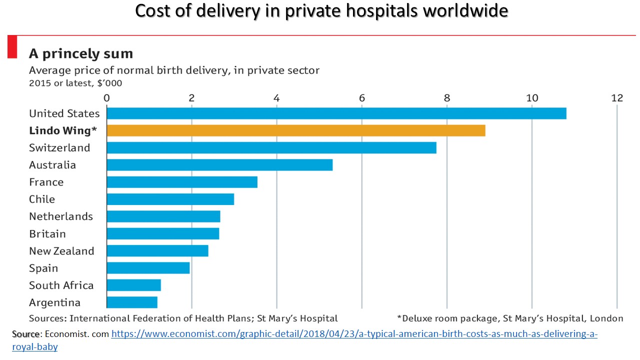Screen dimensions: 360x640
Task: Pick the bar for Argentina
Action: [132, 302]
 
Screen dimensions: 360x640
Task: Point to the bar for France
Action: [182, 182]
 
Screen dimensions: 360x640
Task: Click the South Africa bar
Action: [134, 285]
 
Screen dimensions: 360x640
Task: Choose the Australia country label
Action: [52, 165]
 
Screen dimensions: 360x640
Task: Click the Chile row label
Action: [42, 199]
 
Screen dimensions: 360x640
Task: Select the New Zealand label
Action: [61, 251]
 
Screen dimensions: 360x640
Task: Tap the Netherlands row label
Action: [61, 216]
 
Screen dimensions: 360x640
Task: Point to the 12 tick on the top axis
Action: [617, 98]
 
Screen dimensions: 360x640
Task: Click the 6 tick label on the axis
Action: [362, 98]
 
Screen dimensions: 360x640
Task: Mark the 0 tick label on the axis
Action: [106, 98]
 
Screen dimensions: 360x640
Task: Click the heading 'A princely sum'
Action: [81, 53]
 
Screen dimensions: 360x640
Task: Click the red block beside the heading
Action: [12, 46]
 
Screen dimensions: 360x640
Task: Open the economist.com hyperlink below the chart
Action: [354, 334]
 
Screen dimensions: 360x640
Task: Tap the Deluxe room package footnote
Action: [510, 318]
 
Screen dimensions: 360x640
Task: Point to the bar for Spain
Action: [148, 268]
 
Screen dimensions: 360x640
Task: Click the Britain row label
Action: [47, 233]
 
